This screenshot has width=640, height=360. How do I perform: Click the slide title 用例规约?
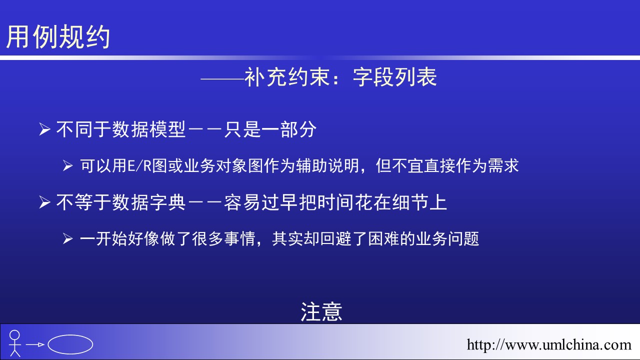58,36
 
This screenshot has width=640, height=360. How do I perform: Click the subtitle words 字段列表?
395,77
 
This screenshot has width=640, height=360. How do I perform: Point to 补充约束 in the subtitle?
287,77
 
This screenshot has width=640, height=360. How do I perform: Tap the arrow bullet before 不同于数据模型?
44,129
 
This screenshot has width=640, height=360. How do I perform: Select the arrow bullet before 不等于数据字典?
44,202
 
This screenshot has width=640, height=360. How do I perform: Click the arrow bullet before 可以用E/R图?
67,166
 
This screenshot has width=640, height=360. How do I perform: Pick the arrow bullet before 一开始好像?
67,239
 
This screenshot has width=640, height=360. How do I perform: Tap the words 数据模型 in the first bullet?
149,129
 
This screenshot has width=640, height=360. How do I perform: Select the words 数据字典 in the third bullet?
149,202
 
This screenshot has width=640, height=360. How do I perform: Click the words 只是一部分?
270,129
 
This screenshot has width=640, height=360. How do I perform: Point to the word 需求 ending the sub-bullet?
503,165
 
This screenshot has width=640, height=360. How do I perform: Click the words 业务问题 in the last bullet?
447,239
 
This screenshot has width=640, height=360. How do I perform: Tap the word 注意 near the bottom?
321,312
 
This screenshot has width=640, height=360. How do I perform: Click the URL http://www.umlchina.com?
549,345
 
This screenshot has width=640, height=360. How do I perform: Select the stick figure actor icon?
14,343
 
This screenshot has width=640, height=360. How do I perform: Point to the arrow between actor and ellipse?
35,344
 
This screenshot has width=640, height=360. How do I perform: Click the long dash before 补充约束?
222,78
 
